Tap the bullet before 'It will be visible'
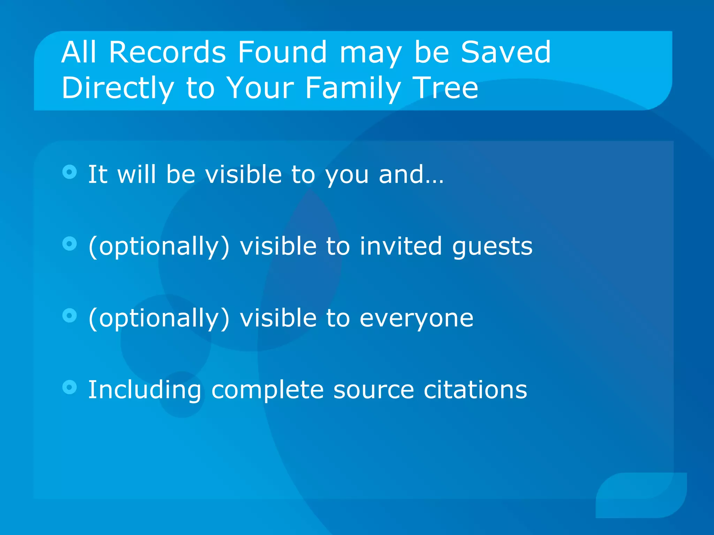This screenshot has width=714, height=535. [69, 172]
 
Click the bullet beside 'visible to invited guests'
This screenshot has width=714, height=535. [69, 244]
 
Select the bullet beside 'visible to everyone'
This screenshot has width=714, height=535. [69, 316]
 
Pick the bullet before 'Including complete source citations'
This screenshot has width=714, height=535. [69, 387]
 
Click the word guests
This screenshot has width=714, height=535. [492, 247]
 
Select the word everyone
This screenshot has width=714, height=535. [416, 318]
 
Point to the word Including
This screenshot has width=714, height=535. [145, 390]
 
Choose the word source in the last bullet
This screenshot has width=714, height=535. [373, 390]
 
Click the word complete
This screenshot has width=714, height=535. [267, 390]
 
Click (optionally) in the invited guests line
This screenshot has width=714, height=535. [159, 247]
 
